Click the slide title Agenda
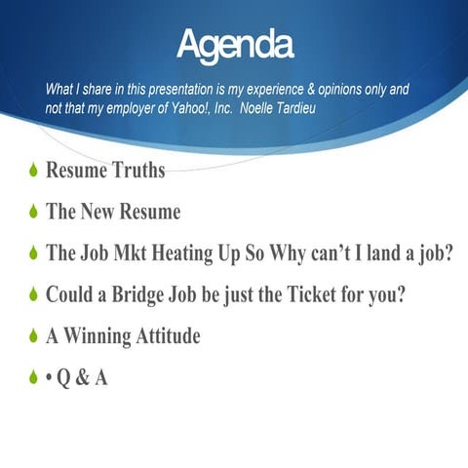click(235, 44)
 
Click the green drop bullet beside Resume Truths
click(32, 172)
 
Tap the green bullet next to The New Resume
click(32, 212)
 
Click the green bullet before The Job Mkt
click(32, 253)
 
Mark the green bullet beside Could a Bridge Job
click(32, 295)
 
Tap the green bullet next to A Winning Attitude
click(32, 337)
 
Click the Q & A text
click(82, 378)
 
